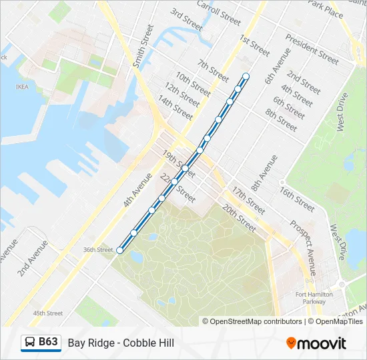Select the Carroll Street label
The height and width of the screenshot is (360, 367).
(x=218, y=12)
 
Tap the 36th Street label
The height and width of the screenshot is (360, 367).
(x=98, y=250)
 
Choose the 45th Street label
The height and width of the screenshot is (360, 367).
(x=48, y=313)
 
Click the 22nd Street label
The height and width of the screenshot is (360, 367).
(x=177, y=188)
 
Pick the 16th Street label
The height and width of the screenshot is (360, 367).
(x=297, y=199)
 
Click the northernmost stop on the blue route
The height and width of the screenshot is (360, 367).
(x=246, y=76)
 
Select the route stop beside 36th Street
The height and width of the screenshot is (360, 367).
(x=120, y=251)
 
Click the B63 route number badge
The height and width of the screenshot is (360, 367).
(x=47, y=342)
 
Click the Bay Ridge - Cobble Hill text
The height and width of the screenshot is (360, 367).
(x=121, y=343)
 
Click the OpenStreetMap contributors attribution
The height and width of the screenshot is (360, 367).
(x=254, y=321)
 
